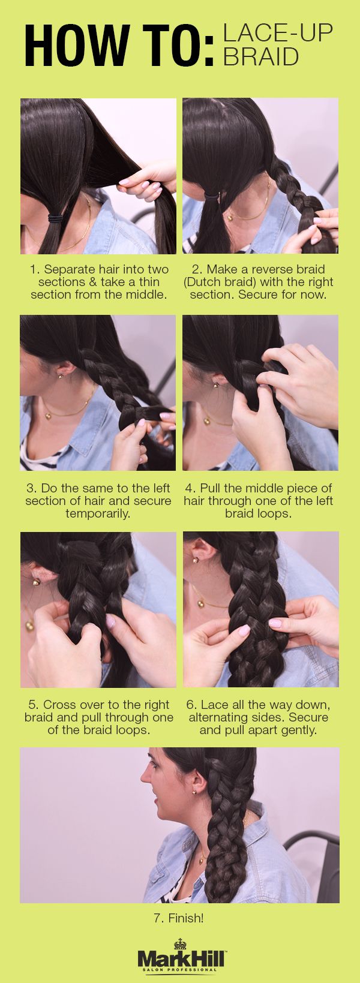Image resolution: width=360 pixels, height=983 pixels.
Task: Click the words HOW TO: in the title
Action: click(119, 45)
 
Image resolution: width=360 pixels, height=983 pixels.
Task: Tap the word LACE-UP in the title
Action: click(278, 34)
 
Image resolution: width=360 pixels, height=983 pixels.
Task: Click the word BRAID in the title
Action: click(261, 56)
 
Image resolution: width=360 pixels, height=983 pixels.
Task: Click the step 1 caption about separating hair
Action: click(99, 282)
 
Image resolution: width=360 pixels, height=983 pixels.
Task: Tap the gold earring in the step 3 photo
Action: click(60, 375)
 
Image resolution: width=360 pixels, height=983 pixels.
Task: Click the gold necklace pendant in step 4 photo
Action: click(206, 421)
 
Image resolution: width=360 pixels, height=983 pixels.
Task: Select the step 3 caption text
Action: click(98, 501)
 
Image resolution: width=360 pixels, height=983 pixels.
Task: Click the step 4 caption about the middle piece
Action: click(259, 501)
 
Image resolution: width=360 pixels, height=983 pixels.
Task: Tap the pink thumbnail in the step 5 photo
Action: click(110, 621)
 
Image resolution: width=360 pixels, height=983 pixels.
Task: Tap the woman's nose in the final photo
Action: click(145, 777)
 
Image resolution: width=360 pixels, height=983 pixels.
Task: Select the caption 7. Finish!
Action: click(179, 918)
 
